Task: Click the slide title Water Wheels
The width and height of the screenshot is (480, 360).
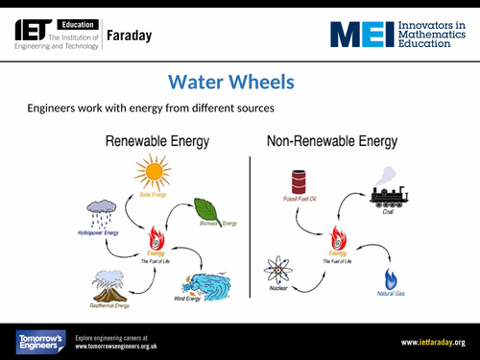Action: (230, 82)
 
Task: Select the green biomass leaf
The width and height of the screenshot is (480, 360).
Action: (208, 210)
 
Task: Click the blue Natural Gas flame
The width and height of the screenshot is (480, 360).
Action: (390, 279)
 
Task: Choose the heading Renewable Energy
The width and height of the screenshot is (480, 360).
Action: (156, 142)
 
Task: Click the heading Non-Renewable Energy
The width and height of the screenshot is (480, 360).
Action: (331, 142)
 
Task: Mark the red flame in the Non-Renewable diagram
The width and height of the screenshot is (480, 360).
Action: (338, 238)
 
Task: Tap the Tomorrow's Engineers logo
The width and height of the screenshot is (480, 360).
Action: (39, 341)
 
